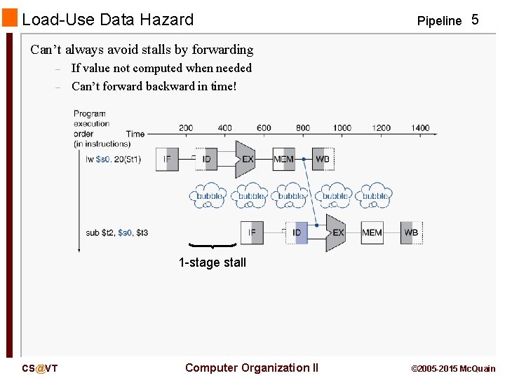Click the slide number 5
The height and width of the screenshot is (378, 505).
click(x=475, y=20)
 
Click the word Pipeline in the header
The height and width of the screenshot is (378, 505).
click(x=439, y=21)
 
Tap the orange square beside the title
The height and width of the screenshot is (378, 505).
click(x=9, y=18)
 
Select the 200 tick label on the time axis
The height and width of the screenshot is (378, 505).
click(x=186, y=128)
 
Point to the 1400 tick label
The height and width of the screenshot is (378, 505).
click(x=420, y=128)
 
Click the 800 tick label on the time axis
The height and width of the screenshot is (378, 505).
click(x=303, y=128)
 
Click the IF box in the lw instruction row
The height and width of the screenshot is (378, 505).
click(x=167, y=159)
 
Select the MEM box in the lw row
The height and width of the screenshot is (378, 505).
click(x=283, y=159)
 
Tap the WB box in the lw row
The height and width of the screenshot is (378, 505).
click(x=323, y=159)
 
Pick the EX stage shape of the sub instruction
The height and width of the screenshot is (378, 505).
click(x=336, y=232)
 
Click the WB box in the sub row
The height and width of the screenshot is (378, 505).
click(x=412, y=232)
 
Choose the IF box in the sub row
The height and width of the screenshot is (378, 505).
click(x=252, y=232)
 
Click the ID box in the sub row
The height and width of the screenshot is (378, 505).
click(x=297, y=232)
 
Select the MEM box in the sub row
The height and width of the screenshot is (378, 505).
click(x=372, y=232)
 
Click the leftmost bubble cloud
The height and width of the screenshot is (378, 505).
click(x=208, y=196)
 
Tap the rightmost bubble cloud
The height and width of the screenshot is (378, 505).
click(x=375, y=196)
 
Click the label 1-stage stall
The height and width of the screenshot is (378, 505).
click(x=213, y=262)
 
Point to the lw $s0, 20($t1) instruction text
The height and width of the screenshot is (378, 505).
click(x=113, y=159)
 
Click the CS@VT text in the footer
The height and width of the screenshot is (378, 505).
click(x=40, y=368)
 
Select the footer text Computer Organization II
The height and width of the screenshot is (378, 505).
click(x=251, y=367)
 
